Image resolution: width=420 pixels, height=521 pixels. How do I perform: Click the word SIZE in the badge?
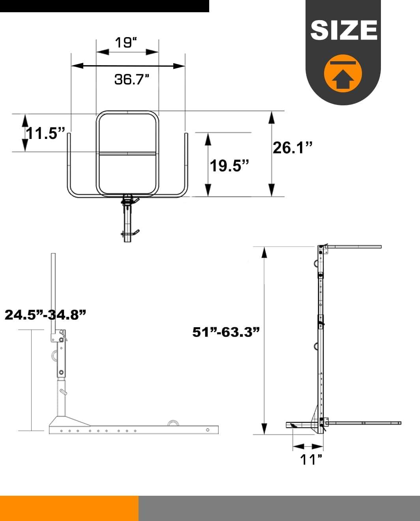coord(344,30)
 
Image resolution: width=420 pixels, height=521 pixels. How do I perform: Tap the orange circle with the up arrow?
coord(343,73)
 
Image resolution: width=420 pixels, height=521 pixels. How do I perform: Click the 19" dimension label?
coord(126,43)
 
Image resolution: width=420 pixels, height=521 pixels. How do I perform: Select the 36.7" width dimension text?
coord(132,79)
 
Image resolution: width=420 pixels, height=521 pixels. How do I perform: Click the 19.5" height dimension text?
coord(229,166)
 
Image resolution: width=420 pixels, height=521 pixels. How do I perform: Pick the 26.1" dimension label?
coord(292,148)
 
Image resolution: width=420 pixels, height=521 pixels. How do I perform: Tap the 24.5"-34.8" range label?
coord(45,315)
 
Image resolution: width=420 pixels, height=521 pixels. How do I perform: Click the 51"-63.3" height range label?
coord(226,332)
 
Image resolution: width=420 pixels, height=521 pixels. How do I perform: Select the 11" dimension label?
coord(311,459)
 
